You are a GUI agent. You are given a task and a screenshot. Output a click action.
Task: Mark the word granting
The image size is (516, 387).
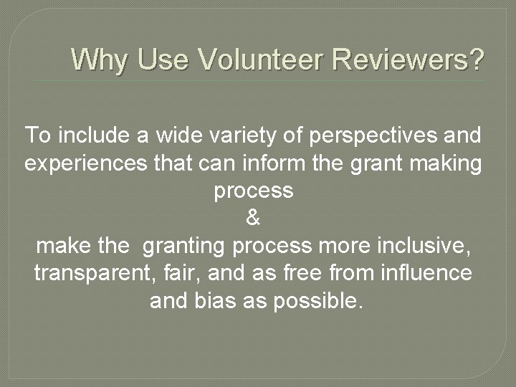pos(183,246)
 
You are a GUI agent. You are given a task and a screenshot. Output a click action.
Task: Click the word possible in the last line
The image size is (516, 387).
pos(315,302)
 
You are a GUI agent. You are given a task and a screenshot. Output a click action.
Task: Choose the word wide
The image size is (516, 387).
pos(158,135)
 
